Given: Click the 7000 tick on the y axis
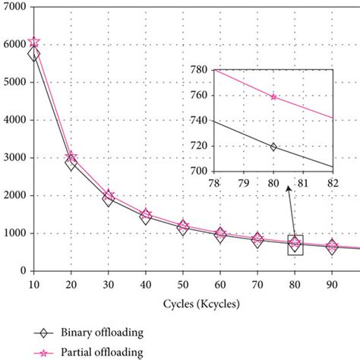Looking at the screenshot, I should pyautogui.click(x=14, y=7).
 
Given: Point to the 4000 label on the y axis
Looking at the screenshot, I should pyautogui.click(x=14, y=120).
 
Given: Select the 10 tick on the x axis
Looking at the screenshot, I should pyautogui.click(x=33, y=284).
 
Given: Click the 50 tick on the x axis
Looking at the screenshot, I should pyautogui.click(x=182, y=284).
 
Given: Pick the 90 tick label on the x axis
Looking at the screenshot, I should pyautogui.click(x=331, y=284).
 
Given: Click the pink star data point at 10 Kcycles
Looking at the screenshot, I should pyautogui.click(x=33, y=43).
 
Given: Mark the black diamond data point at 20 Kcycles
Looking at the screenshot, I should pyautogui.click(x=71, y=162).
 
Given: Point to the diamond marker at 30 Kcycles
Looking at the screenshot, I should pyautogui.click(x=108, y=199).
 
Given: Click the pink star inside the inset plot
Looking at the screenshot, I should pyautogui.click(x=273, y=96).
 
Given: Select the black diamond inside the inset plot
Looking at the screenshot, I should pyautogui.click(x=273, y=146).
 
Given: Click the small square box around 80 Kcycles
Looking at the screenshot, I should pyautogui.click(x=294, y=244).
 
